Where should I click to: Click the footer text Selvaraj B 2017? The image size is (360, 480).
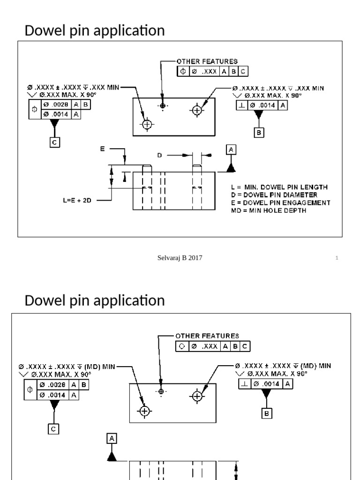click(180, 257)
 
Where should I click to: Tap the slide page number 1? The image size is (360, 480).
click(337, 258)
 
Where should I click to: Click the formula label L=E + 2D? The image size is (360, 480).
click(77, 200)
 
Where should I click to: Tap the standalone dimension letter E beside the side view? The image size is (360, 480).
click(102, 148)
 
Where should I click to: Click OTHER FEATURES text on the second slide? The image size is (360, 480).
click(207, 336)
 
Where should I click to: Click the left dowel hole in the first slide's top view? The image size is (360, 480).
click(147, 124)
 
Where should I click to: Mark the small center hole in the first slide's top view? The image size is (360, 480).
click(162, 105)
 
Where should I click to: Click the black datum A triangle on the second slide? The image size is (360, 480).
click(112, 456)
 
